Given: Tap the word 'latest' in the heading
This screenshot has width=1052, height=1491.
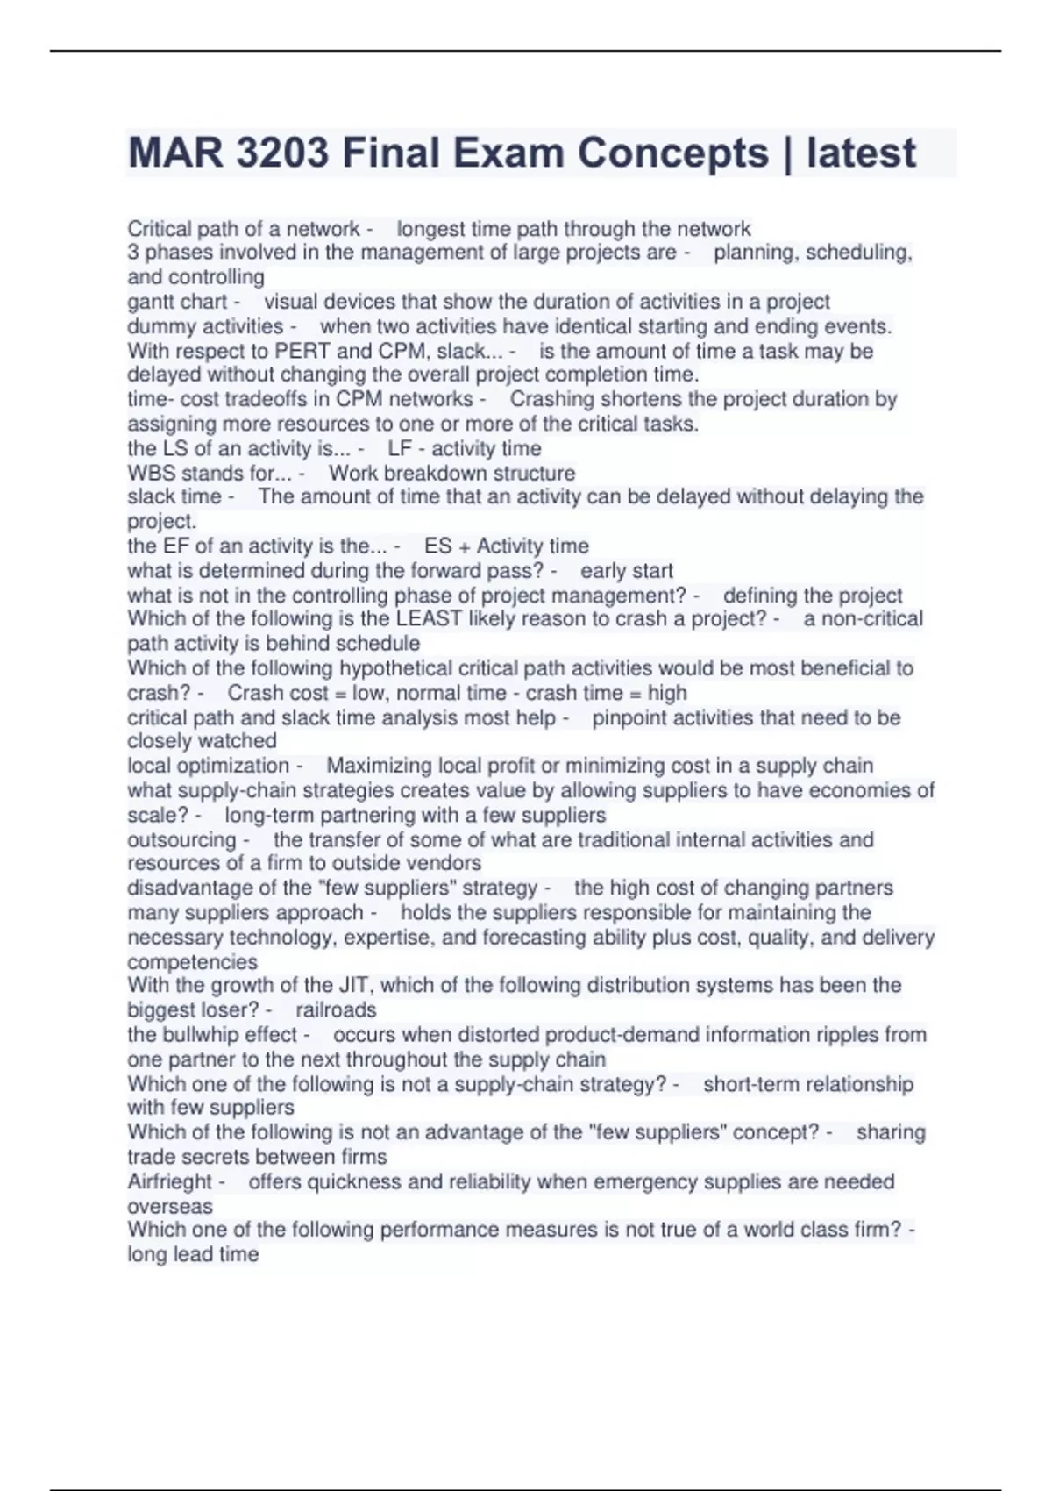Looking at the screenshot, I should [x=861, y=153].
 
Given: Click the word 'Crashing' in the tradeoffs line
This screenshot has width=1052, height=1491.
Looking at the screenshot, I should [x=551, y=399].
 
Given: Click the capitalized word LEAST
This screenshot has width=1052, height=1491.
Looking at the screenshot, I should [x=429, y=619].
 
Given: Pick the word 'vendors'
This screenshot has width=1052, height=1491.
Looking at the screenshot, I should [x=446, y=863].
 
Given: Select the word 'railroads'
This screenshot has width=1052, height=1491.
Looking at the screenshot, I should [x=336, y=1009].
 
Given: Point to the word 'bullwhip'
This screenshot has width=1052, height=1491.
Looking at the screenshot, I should [x=200, y=1035].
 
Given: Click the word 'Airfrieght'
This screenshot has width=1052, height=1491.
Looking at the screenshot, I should [x=170, y=1181].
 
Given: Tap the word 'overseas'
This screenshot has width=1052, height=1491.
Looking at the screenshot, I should [x=170, y=1206].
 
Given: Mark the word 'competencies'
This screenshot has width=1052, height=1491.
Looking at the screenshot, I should [x=192, y=961].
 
